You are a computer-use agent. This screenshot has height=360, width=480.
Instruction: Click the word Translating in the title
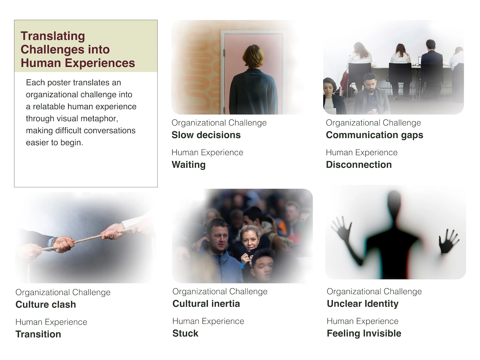(x=53, y=36)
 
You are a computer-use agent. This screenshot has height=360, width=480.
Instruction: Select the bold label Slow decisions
(x=206, y=135)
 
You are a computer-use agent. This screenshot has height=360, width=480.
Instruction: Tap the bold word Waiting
(x=188, y=165)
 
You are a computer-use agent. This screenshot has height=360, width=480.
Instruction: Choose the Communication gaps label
(x=374, y=135)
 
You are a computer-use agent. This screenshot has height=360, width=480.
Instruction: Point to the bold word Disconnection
(x=358, y=165)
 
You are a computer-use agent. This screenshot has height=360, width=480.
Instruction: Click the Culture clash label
(x=46, y=304)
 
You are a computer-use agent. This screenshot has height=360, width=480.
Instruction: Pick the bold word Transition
(x=38, y=334)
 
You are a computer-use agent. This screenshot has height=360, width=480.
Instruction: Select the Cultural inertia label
(x=206, y=304)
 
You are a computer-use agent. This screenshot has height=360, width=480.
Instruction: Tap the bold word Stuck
(x=185, y=333)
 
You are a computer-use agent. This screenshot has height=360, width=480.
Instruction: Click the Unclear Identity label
(x=363, y=304)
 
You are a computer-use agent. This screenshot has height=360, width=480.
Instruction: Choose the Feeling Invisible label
(x=364, y=333)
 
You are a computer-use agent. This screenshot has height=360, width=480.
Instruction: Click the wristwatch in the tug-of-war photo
(x=53, y=242)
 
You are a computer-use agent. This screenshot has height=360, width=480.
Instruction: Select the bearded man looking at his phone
(x=371, y=94)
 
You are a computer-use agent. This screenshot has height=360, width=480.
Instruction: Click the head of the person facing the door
(x=253, y=56)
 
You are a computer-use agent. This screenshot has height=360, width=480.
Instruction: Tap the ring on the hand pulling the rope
(x=111, y=236)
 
